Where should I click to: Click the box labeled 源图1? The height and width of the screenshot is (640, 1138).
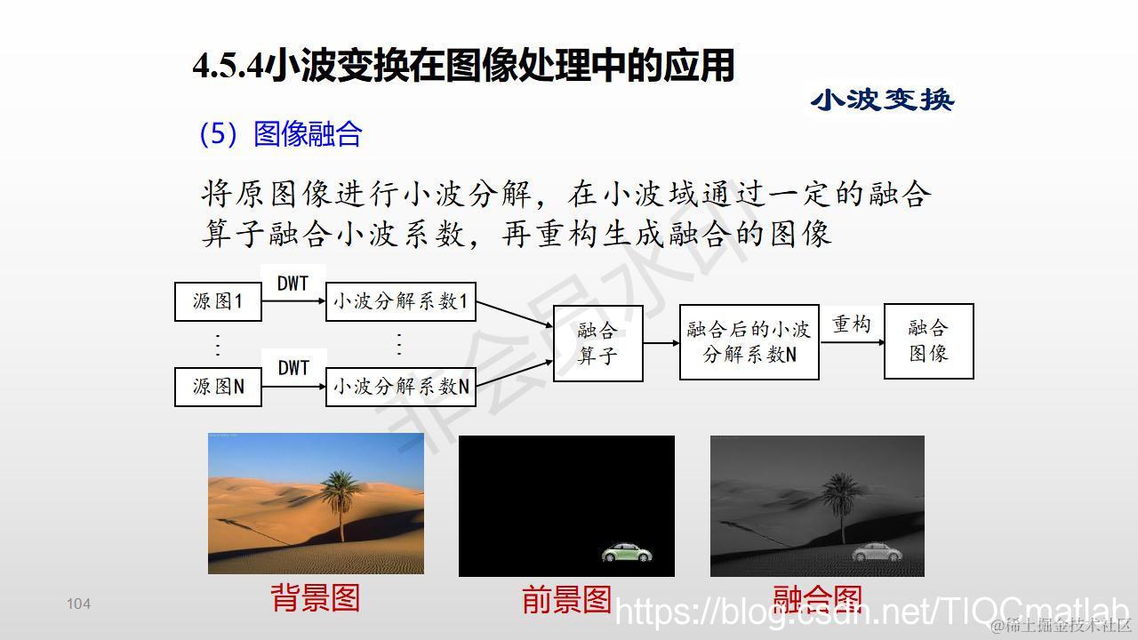pos(218,301)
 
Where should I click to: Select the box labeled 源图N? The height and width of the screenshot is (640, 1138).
pos(218,387)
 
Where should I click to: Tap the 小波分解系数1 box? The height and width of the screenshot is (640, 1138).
pos(400,301)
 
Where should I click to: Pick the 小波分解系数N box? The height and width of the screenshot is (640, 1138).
pos(400,387)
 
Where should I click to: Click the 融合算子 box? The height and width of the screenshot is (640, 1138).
pos(597,343)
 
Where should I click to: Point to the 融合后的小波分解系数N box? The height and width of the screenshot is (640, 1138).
pos(749,342)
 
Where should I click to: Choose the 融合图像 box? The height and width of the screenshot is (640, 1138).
pos(928,341)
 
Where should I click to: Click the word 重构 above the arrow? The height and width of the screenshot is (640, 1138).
pos(851,324)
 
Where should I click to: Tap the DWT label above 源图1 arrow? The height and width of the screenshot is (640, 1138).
pos(293,283)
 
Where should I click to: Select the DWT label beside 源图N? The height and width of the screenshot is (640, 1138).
pos(293,367)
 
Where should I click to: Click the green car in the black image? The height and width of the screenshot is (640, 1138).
pos(628,553)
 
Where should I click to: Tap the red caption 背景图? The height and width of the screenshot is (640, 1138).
pos(315,597)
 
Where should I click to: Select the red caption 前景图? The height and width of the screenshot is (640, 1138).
pos(566,599)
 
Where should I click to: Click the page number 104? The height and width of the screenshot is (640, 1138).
pos(78,604)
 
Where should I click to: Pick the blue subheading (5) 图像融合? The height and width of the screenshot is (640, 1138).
pos(280,134)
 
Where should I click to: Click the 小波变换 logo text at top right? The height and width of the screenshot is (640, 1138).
pos(882,100)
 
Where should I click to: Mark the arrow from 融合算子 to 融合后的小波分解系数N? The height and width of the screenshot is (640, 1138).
pos(661,342)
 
